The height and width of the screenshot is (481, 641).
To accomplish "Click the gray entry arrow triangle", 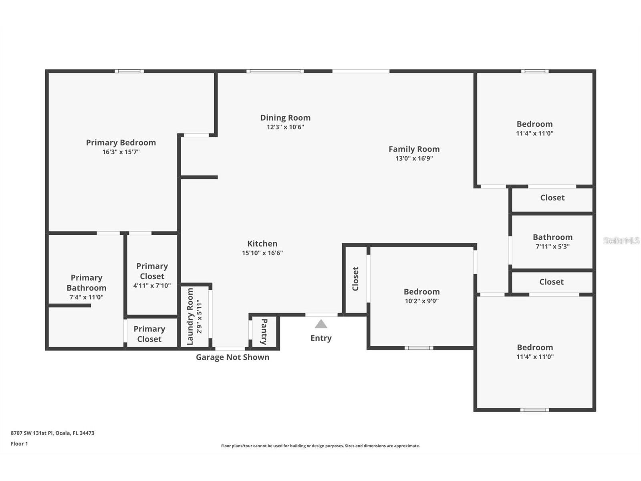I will click(x=320, y=324).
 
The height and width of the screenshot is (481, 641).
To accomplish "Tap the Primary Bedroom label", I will click(x=121, y=143).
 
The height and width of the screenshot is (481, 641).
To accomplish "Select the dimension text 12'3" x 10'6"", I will click(x=285, y=127).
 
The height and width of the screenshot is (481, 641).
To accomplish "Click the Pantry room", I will click(x=264, y=332).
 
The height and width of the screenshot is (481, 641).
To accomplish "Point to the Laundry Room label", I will click(x=190, y=317).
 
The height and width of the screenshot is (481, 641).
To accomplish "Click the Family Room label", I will click(x=414, y=149).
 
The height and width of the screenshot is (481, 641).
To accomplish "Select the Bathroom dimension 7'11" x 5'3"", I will click(x=552, y=247).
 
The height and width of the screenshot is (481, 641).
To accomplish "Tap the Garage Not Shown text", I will click(x=232, y=357).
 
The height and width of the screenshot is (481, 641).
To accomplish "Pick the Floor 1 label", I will click(x=19, y=444).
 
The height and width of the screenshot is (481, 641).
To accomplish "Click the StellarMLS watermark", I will click(x=621, y=240).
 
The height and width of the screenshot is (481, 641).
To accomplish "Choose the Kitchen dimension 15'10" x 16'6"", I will click(x=262, y=253).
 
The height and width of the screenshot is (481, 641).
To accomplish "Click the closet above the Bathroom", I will click(x=552, y=198).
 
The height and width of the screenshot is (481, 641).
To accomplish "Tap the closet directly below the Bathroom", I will click(x=551, y=282).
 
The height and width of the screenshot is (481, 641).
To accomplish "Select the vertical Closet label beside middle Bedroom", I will click(x=355, y=279).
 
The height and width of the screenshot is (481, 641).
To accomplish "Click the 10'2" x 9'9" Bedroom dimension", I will click(x=421, y=301).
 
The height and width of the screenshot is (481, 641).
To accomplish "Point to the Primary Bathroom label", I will click(x=87, y=283).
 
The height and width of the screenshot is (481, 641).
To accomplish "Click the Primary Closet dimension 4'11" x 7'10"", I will click(x=152, y=286).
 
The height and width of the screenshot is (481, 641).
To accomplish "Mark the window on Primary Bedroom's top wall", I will click(x=129, y=71).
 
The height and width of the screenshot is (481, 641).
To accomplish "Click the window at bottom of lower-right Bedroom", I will click(x=534, y=410).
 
